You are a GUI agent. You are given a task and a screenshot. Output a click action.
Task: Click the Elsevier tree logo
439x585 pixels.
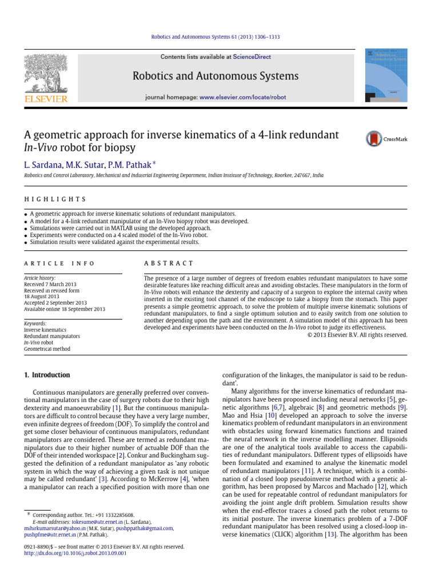coord(45,74)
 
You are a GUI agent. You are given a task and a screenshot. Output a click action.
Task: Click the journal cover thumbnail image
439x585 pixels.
coord(387,75)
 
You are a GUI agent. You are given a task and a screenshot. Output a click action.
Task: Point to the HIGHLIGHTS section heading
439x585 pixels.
coord(55,199)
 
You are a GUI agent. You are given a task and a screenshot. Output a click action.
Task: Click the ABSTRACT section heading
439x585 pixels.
coord(169,263)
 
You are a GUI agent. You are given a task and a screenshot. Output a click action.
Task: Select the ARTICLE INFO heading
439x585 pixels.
coord(59,263)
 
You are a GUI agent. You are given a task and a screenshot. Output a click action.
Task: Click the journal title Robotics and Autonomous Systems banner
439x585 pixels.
coord(215,76)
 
